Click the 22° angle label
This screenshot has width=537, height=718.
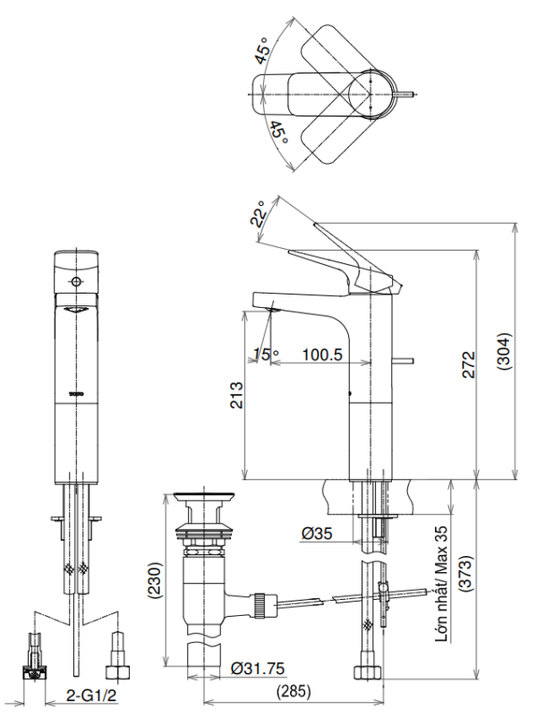pos(259,216)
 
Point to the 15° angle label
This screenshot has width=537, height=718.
pos(266,355)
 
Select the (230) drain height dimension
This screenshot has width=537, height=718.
pos(155,584)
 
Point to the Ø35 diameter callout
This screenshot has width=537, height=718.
pos(317,534)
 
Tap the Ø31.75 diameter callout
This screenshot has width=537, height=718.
pos(259,667)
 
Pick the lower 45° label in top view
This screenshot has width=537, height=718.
pos(277,133)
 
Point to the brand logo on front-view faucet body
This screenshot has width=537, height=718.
pos(76,392)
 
